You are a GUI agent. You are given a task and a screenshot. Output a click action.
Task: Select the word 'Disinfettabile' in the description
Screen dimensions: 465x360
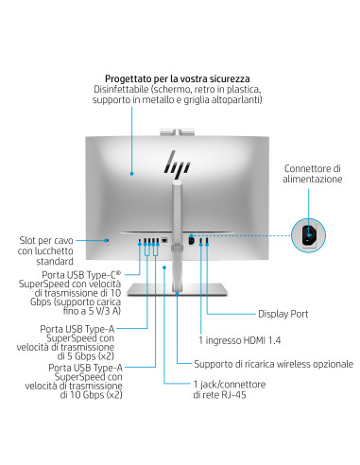tap(121, 89)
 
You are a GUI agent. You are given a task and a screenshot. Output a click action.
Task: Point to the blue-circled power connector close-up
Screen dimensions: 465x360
tap(311, 234)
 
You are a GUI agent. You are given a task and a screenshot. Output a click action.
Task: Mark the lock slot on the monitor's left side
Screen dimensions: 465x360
tap(109, 241)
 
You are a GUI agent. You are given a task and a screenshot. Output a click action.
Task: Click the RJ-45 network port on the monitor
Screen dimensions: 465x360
tap(164, 240)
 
